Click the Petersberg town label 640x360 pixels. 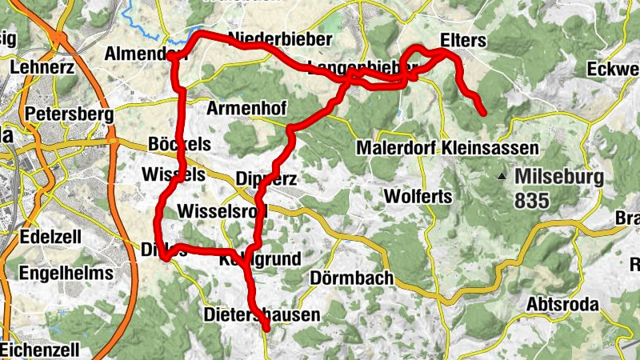coord(69,114)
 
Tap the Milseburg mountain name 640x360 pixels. coord(558,176)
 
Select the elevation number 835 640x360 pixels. coord(532,200)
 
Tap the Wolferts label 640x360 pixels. coord(418,196)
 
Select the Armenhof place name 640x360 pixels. coord(246,108)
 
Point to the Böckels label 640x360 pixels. coord(179,145)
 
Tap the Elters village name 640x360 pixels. coord(462,38)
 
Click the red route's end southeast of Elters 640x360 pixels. coord(483,112)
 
